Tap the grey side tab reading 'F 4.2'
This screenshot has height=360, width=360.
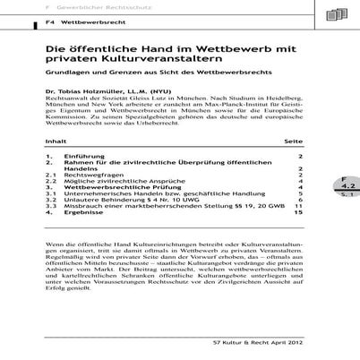(346, 211)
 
